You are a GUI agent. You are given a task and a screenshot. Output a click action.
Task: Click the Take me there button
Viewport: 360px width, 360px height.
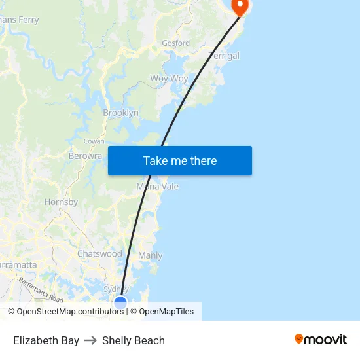pyautogui.click(x=180, y=161)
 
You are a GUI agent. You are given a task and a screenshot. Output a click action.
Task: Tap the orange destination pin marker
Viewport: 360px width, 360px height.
pyautogui.click(x=240, y=7)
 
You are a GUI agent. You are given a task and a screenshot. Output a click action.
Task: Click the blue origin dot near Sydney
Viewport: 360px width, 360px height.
pyautogui.click(x=120, y=302)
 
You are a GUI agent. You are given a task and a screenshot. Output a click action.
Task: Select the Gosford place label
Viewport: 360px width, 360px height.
pyautogui.click(x=176, y=43)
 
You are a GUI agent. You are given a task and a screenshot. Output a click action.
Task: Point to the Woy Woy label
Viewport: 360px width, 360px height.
pyautogui.click(x=169, y=79)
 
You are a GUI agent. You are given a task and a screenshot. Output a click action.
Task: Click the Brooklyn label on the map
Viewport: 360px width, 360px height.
pyautogui.click(x=120, y=113)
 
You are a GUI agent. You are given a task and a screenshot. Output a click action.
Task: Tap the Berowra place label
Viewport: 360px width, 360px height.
pyautogui.click(x=85, y=156)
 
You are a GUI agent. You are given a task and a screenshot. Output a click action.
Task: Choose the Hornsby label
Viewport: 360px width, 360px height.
pyautogui.click(x=61, y=202)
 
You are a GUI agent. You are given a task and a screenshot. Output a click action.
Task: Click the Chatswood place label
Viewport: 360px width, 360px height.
pyautogui.click(x=99, y=253)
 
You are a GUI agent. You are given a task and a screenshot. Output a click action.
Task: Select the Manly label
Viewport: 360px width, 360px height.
pyautogui.click(x=151, y=255)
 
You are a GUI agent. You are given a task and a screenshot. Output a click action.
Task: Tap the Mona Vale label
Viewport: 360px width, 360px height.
pyautogui.click(x=158, y=187)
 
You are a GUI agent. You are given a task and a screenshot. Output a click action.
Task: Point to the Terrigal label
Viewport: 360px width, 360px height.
pyautogui.click(x=224, y=56)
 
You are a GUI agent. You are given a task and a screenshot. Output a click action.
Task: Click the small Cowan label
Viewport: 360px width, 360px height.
pyautogui.click(x=94, y=141)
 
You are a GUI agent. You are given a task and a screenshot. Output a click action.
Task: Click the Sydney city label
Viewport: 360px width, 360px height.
pyautogui.click(x=117, y=289)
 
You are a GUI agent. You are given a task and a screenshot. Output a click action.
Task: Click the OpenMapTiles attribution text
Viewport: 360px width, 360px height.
pyautogui.click(x=166, y=312)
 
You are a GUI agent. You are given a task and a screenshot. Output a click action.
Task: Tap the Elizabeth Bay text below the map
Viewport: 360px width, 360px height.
pyautogui.click(x=46, y=340)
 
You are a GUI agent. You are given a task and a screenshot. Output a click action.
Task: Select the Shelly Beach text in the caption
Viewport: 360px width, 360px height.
pyautogui.click(x=134, y=340)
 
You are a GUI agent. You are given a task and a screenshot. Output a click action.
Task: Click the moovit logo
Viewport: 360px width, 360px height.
pyautogui.click(x=321, y=340)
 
